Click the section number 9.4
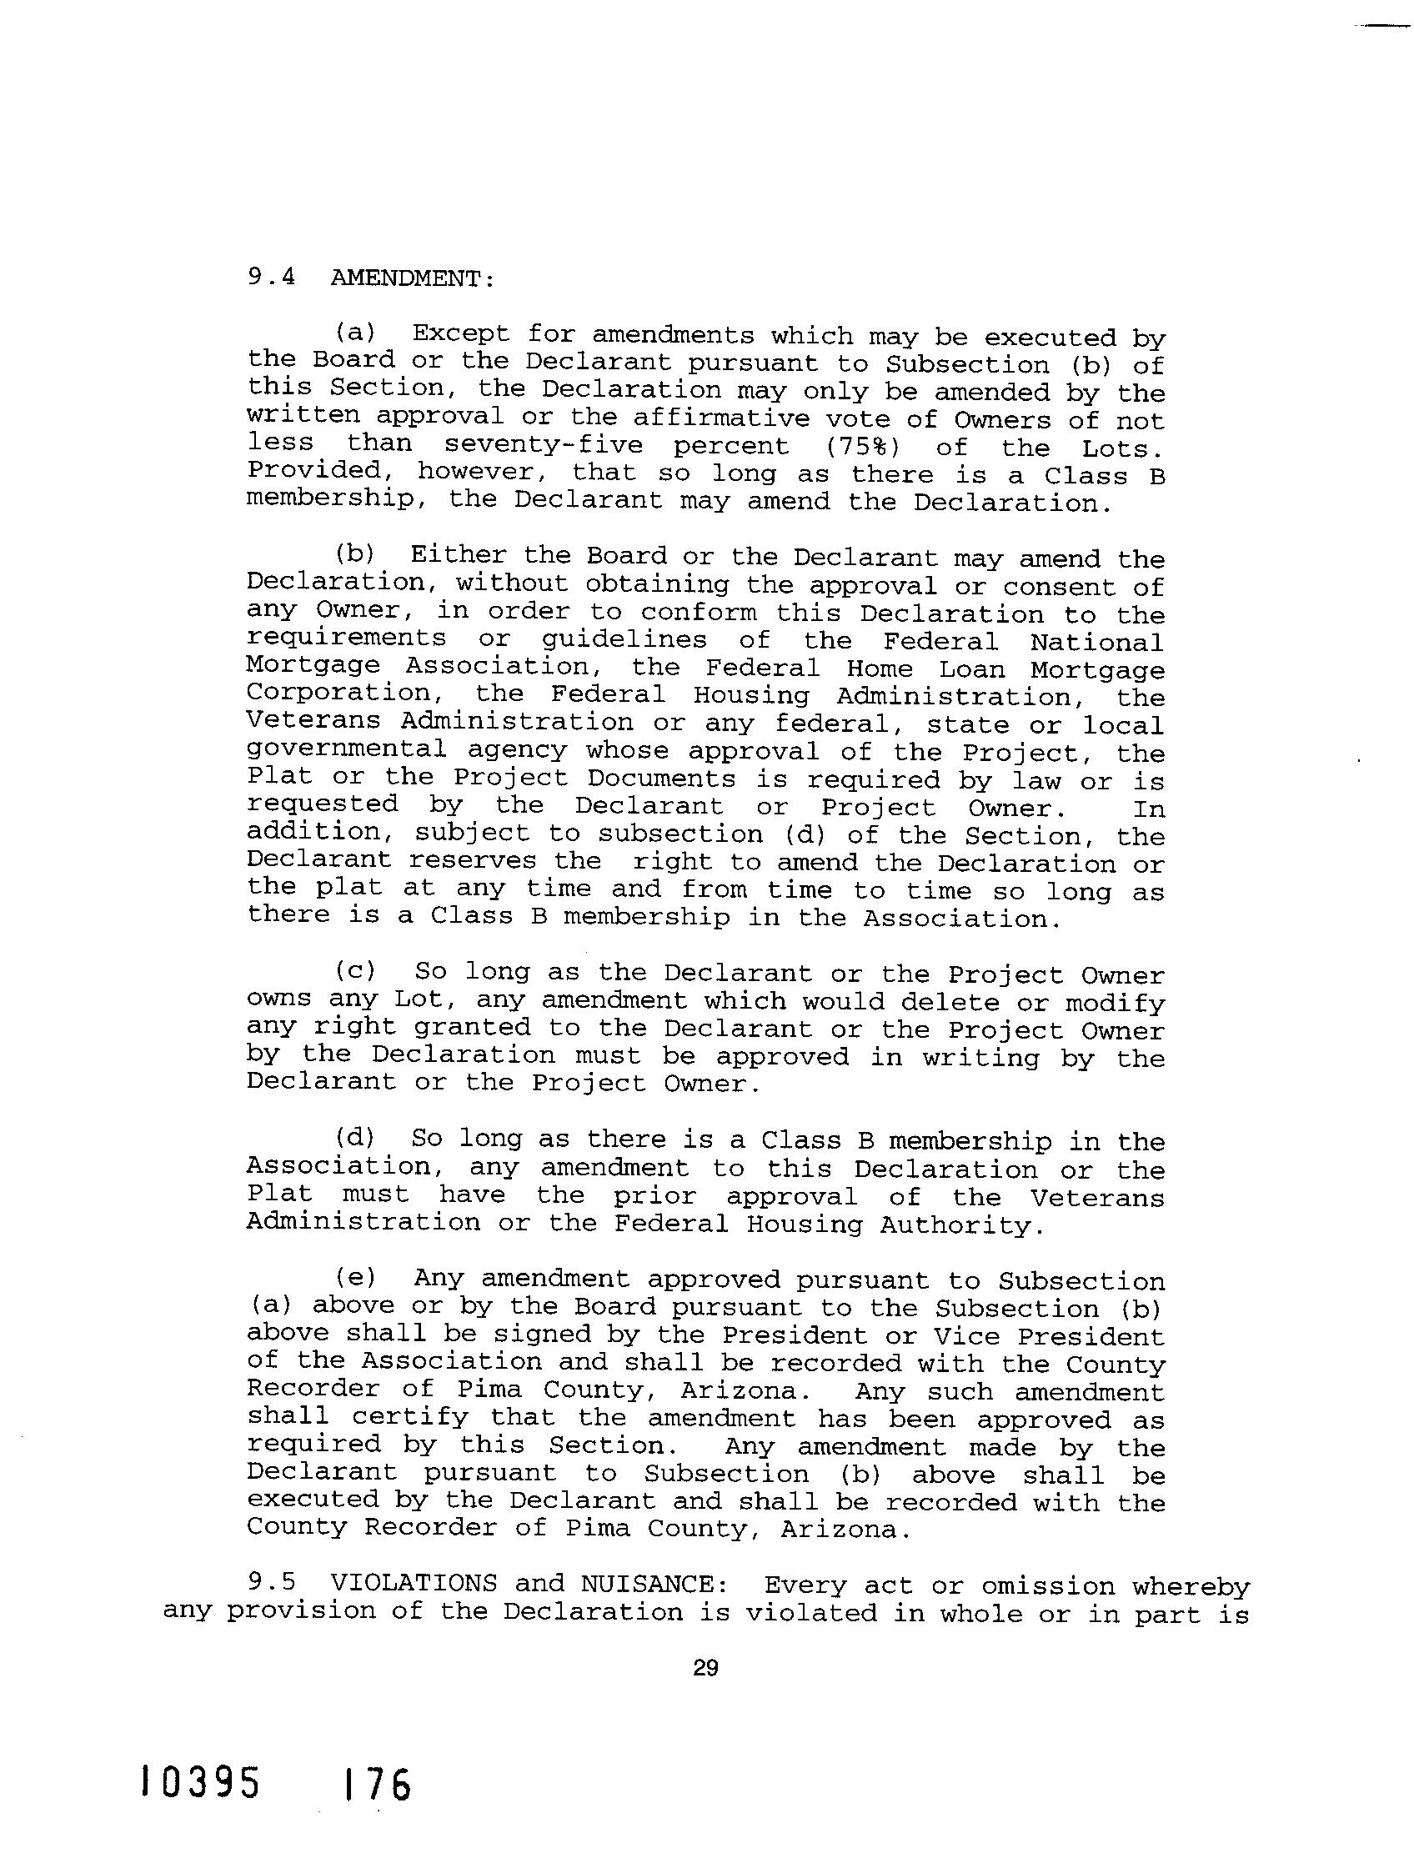(x=270, y=277)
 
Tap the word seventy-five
(x=543, y=445)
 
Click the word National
(x=1097, y=642)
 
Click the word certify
(x=409, y=1418)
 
